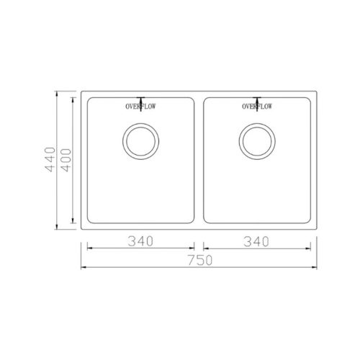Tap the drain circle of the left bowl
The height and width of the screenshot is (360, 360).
pos(139,141)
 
